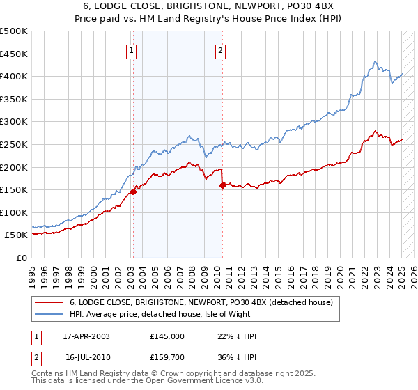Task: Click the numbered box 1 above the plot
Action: click(132, 49)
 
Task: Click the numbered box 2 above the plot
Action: click(220, 49)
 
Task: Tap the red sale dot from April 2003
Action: click(133, 192)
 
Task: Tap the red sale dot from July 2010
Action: click(222, 185)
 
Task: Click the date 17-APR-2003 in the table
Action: click(86, 336)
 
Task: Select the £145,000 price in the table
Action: click(168, 336)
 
